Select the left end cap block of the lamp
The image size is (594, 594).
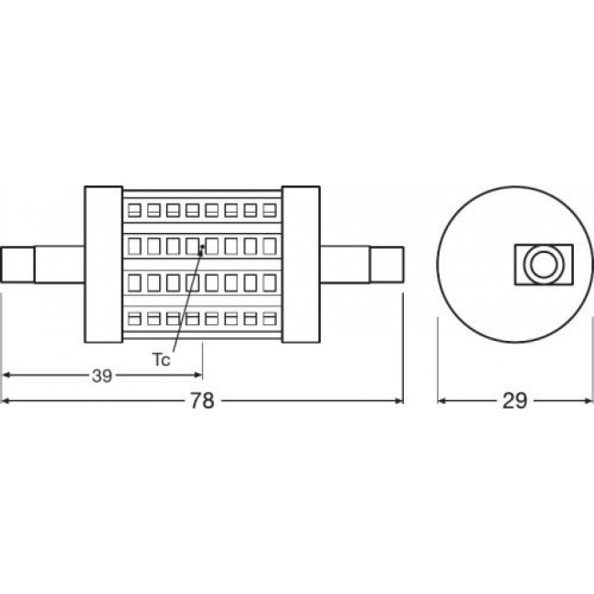coord(103,265)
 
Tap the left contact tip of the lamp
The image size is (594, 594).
coord(18,265)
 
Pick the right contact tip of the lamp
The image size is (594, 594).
coord(386,265)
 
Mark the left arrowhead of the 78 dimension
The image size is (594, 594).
coord(7,401)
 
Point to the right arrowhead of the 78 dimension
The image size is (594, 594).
coord(398,401)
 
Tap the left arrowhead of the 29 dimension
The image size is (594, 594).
coord(441,401)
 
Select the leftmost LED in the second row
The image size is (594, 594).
coord(133,246)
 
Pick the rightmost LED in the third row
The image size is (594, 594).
coord(269,282)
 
